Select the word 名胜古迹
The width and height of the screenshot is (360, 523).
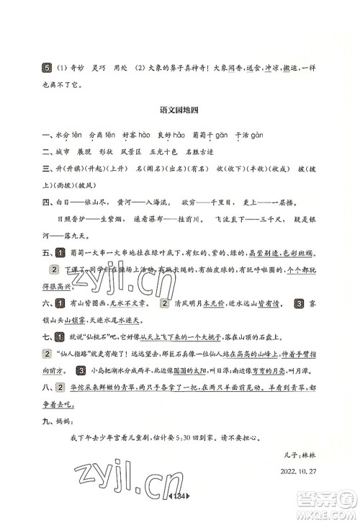point(220,151)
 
